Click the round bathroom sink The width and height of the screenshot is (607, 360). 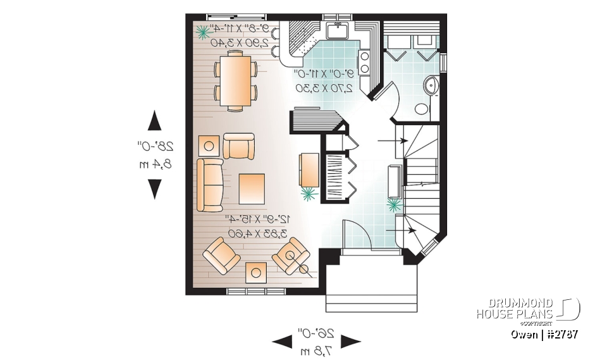click(432, 85)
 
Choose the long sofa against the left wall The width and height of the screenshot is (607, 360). click(210, 185)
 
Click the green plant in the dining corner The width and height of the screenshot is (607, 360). click(204, 31)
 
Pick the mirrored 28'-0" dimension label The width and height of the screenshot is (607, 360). click(154, 147)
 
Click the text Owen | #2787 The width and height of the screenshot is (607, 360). click(544, 334)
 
